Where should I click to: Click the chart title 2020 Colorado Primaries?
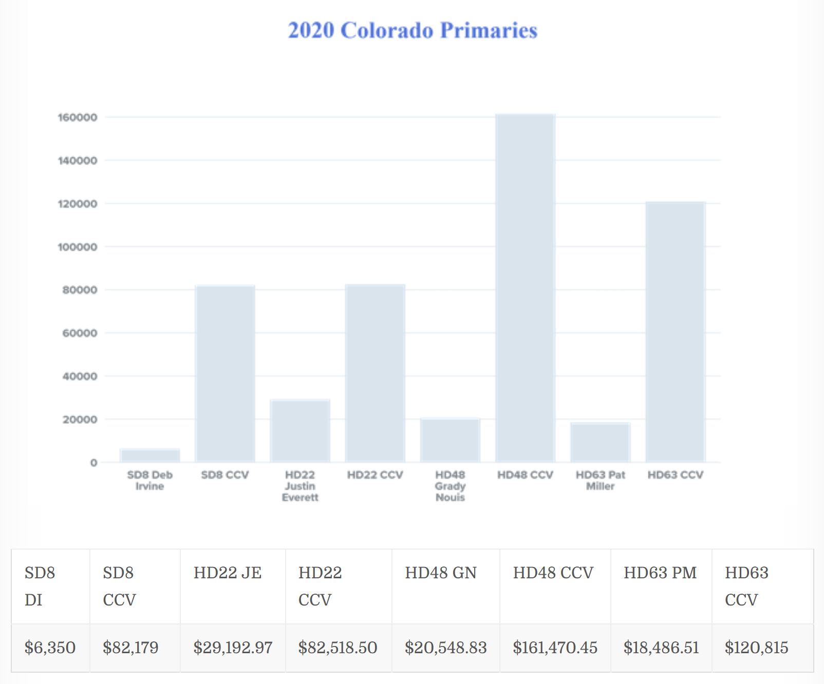413,30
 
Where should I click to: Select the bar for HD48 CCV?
525,288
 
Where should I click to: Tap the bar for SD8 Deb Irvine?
150,456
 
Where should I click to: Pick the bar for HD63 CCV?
675,332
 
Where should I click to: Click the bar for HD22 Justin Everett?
300,431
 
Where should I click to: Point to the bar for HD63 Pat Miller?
600,442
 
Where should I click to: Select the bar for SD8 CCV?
225,374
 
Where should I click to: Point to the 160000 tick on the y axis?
78,118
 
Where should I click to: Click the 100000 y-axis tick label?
78,247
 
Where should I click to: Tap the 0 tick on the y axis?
93,463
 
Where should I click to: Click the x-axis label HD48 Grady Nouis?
450,486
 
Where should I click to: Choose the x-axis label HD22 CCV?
375,475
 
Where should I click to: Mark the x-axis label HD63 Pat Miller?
600,480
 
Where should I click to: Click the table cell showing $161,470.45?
555,648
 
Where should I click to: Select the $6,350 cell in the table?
50,648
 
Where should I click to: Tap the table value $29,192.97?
233,648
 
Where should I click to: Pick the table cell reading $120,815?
756,648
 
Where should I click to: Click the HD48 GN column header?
441,573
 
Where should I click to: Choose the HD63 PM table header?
660,573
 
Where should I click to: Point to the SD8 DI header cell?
40,586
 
